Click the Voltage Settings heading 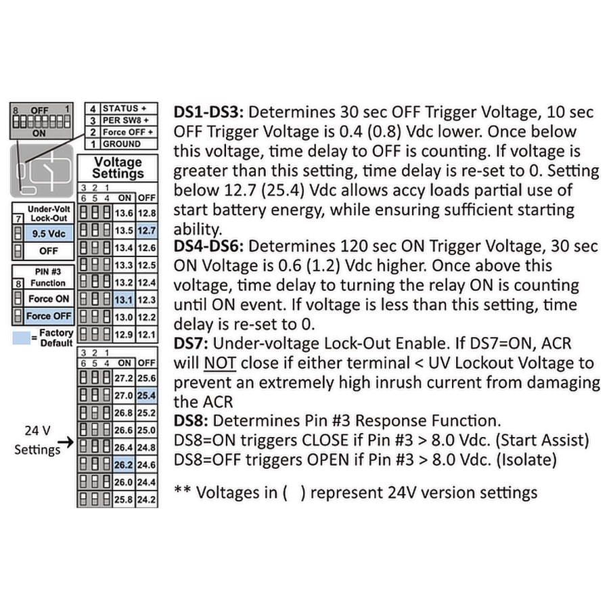click(118, 167)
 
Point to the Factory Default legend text click(55, 338)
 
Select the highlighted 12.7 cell click(146, 231)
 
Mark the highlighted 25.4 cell click(146, 395)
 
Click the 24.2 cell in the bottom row click(146, 500)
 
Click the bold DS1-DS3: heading click(211, 112)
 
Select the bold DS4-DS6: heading click(211, 246)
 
